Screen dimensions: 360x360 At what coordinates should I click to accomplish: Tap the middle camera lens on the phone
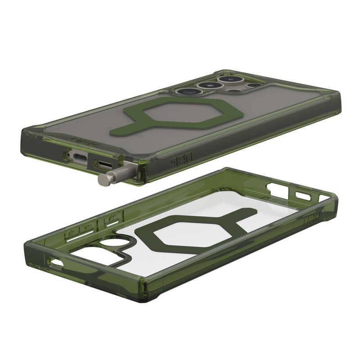click(206, 85)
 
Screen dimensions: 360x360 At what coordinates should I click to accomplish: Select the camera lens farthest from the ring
click(227, 79)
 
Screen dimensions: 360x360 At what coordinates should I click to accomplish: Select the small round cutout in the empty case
click(108, 243)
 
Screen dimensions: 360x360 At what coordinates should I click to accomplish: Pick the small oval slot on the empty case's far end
click(302, 196)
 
